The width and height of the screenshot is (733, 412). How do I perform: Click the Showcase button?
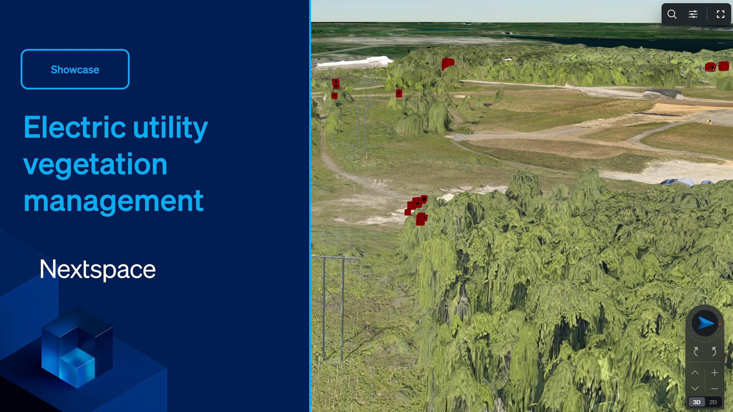click(x=75, y=69)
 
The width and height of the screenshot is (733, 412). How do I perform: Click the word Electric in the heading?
click(x=74, y=127)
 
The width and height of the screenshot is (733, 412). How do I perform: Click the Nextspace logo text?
click(x=98, y=269)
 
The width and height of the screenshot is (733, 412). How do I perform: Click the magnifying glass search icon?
click(x=672, y=14)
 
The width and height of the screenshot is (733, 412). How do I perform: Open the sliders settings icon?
click(x=693, y=14)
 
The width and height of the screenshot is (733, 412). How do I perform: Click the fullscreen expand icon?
click(x=720, y=14)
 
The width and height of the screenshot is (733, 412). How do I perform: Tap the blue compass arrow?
click(x=705, y=323)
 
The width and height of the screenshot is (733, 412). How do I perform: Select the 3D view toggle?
click(x=696, y=402)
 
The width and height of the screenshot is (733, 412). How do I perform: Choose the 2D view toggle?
click(x=713, y=402)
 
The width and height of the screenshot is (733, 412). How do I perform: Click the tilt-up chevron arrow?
click(x=695, y=373)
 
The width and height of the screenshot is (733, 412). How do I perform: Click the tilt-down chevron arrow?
click(x=695, y=388)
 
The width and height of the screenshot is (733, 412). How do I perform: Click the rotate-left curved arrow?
click(x=696, y=351)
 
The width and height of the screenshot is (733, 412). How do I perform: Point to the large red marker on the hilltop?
click(x=448, y=63)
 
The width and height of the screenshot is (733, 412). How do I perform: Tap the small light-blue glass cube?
click(x=77, y=368)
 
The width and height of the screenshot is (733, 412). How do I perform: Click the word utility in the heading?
click(x=170, y=127)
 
